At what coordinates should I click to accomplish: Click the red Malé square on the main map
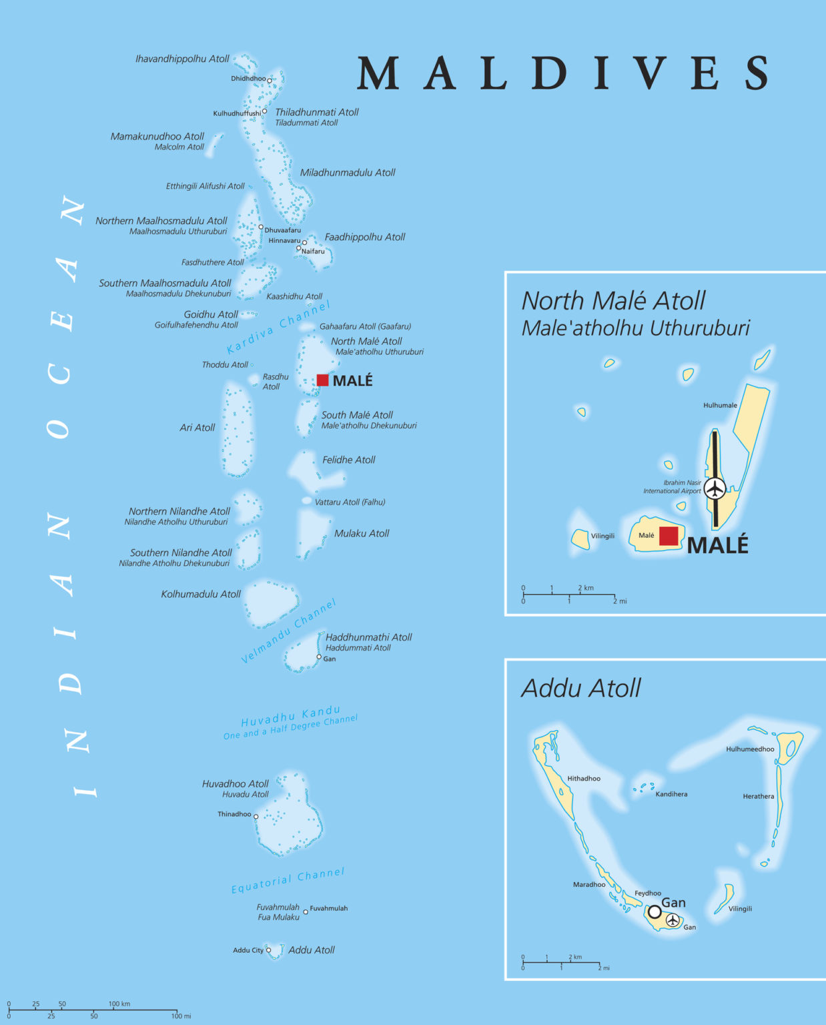pyautogui.click(x=322, y=380)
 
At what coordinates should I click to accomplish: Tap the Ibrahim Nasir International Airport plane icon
pyautogui.click(x=715, y=488)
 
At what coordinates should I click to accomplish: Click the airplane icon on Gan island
pyautogui.click(x=673, y=920)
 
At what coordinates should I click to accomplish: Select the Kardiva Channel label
pyautogui.click(x=278, y=327)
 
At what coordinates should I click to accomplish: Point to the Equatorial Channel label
pyautogui.click(x=288, y=881)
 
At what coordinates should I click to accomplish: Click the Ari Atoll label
pyautogui.click(x=197, y=428)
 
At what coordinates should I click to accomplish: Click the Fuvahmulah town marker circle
pyautogui.click(x=306, y=912)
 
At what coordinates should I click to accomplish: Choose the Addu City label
pyautogui.click(x=248, y=950)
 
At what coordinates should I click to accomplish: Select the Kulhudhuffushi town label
pyautogui.click(x=237, y=113)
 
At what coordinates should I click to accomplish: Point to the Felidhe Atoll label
pyautogui.click(x=348, y=460)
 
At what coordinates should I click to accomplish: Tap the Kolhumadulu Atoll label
pyautogui.click(x=201, y=594)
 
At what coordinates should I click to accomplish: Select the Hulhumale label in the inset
pyautogui.click(x=720, y=405)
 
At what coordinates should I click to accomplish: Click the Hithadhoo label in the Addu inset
pyautogui.click(x=584, y=779)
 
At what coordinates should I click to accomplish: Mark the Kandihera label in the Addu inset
pyautogui.click(x=671, y=794)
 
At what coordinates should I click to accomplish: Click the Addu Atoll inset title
pyautogui.click(x=580, y=688)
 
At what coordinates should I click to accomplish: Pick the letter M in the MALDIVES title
pyautogui.click(x=378, y=73)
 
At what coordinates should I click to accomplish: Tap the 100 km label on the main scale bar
pyautogui.click(x=119, y=1004)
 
